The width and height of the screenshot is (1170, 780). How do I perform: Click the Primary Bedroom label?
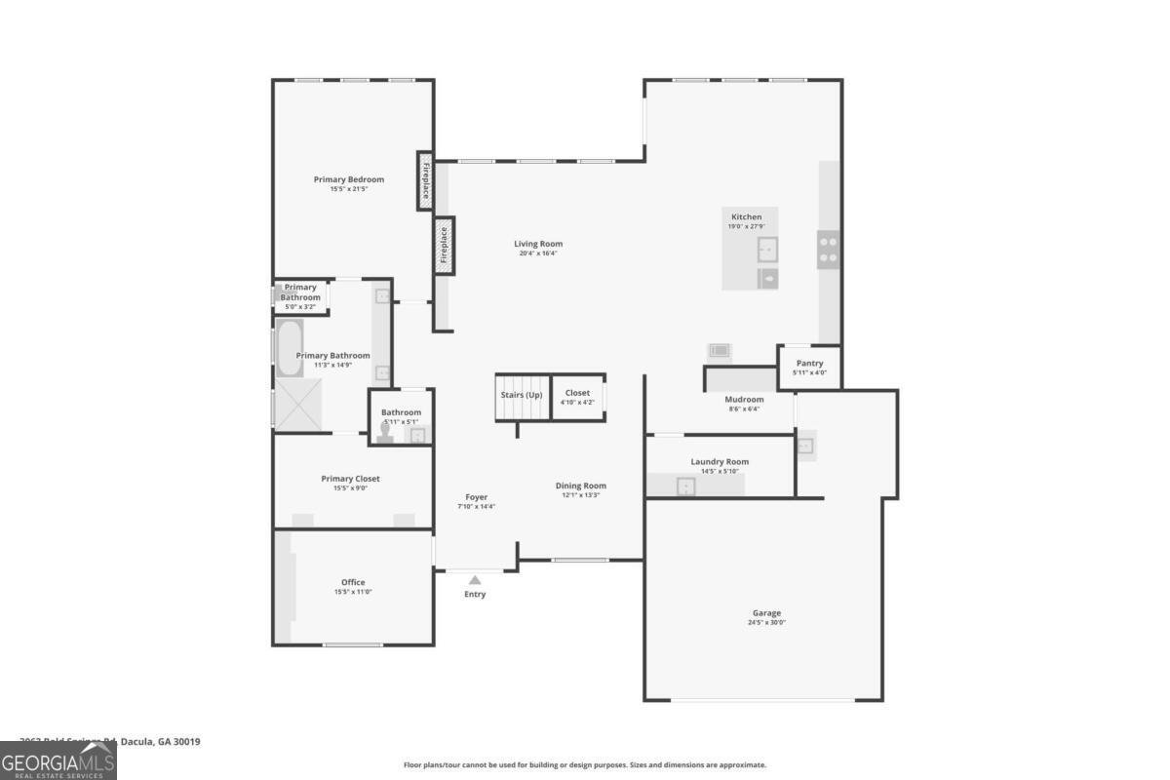tap(348, 179)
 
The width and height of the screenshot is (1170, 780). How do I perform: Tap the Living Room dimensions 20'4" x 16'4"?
tap(538, 253)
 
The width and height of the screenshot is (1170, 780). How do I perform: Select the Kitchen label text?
tap(747, 216)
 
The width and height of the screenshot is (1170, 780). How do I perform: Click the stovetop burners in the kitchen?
tap(828, 249)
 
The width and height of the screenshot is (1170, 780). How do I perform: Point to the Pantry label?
tap(809, 364)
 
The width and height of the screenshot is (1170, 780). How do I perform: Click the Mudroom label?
tap(744, 399)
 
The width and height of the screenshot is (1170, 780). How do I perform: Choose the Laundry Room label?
tap(720, 461)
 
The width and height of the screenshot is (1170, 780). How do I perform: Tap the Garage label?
tap(766, 613)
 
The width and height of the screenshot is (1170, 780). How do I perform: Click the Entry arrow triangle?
tap(475, 580)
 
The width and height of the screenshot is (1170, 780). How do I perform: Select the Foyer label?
tap(476, 497)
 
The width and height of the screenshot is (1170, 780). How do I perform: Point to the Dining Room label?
tap(581, 486)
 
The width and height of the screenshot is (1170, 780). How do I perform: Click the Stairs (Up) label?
tap(522, 394)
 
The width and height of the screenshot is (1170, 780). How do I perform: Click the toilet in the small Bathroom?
tap(385, 432)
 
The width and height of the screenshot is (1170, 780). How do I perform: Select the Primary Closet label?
tap(350, 479)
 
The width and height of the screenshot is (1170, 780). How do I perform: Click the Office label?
tap(352, 582)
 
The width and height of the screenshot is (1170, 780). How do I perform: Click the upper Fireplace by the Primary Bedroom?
tap(425, 180)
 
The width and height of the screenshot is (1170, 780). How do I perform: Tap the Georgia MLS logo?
tap(58, 760)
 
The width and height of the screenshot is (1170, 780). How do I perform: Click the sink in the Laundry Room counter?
tap(686, 486)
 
